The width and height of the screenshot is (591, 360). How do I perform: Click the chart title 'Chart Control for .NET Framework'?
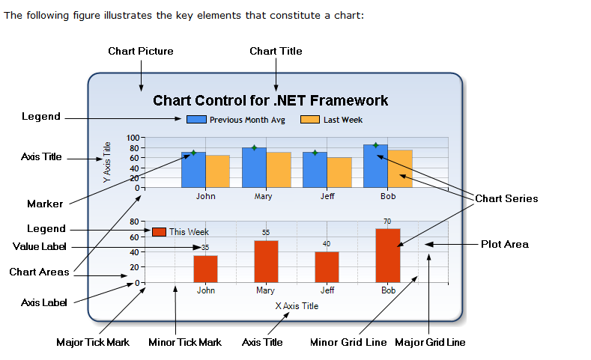pos(270,100)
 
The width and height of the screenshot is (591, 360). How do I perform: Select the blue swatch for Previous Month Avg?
pos(196,120)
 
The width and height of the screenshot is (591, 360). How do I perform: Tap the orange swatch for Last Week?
pos(310,120)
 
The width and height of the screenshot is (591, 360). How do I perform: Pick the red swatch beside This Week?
pos(159,232)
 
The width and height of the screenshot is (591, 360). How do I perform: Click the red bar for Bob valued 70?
pos(387,255)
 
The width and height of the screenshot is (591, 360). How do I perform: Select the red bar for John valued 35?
pos(205,269)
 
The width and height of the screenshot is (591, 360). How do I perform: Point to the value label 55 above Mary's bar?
pos(265,233)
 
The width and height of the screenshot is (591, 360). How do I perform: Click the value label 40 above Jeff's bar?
pos(327,244)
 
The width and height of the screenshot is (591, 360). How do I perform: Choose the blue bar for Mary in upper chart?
pos(254,168)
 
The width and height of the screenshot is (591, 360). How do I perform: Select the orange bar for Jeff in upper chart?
pos(339,172)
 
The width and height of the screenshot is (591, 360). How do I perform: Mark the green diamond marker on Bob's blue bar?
pos(375,145)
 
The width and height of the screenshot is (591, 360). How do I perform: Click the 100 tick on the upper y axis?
pos(133,138)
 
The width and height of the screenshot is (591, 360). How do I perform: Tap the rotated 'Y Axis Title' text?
pos(107,162)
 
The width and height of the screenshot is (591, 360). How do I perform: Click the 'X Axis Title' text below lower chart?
pos(297,305)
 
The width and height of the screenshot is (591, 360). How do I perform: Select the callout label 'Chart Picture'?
pos(140,51)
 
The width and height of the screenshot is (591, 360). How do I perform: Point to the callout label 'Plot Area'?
pos(504,244)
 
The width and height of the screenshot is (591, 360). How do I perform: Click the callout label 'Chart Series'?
pos(506,198)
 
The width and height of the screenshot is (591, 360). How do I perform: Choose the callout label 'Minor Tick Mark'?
pos(184,342)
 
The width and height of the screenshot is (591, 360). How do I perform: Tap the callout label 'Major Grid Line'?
pos(429,342)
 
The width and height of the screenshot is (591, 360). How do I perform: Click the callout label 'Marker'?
pos(45,204)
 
